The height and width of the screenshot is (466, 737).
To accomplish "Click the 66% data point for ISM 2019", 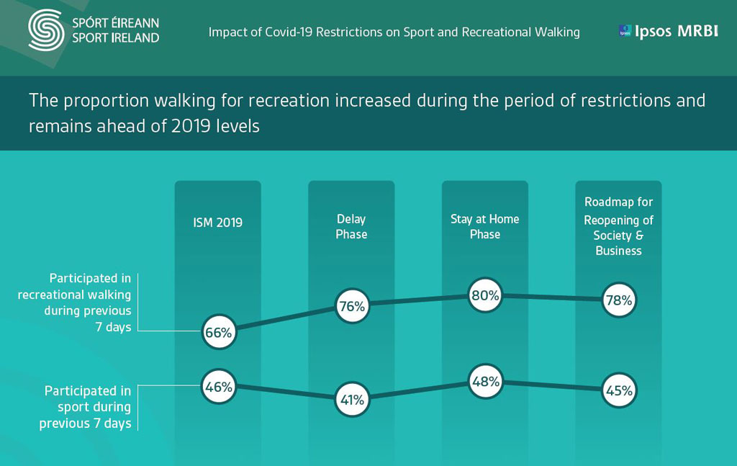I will [218, 333].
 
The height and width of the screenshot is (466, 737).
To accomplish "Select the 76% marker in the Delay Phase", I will [351, 306].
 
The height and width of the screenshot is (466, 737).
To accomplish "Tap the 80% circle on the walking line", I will [485, 295].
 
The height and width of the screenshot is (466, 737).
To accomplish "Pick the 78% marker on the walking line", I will [618, 300].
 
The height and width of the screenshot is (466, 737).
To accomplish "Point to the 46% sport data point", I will [218, 387].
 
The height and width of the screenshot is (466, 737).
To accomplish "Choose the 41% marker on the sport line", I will [351, 399].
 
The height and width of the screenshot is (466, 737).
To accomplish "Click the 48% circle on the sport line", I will [485, 382].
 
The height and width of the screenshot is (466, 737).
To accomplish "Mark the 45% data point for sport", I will [618, 391].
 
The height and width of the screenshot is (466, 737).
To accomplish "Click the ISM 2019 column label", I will [218, 223].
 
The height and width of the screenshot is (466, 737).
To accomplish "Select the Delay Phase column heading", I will [351, 226].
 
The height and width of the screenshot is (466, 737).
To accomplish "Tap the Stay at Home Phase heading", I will [485, 226].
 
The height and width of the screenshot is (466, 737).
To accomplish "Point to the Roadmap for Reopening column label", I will [618, 226].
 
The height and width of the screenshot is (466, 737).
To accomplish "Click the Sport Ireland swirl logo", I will [45, 30].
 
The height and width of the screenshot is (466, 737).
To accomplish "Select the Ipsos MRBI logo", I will [668, 32].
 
